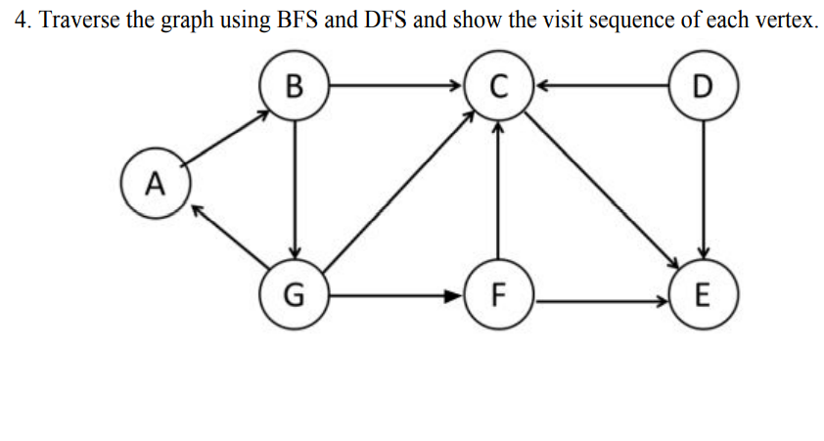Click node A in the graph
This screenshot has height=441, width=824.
tap(153, 181)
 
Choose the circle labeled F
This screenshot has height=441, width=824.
tap(499, 293)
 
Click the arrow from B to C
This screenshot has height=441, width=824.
tap(396, 86)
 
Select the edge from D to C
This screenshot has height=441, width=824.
tap(602, 86)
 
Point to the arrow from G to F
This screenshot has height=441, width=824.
tap(396, 293)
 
